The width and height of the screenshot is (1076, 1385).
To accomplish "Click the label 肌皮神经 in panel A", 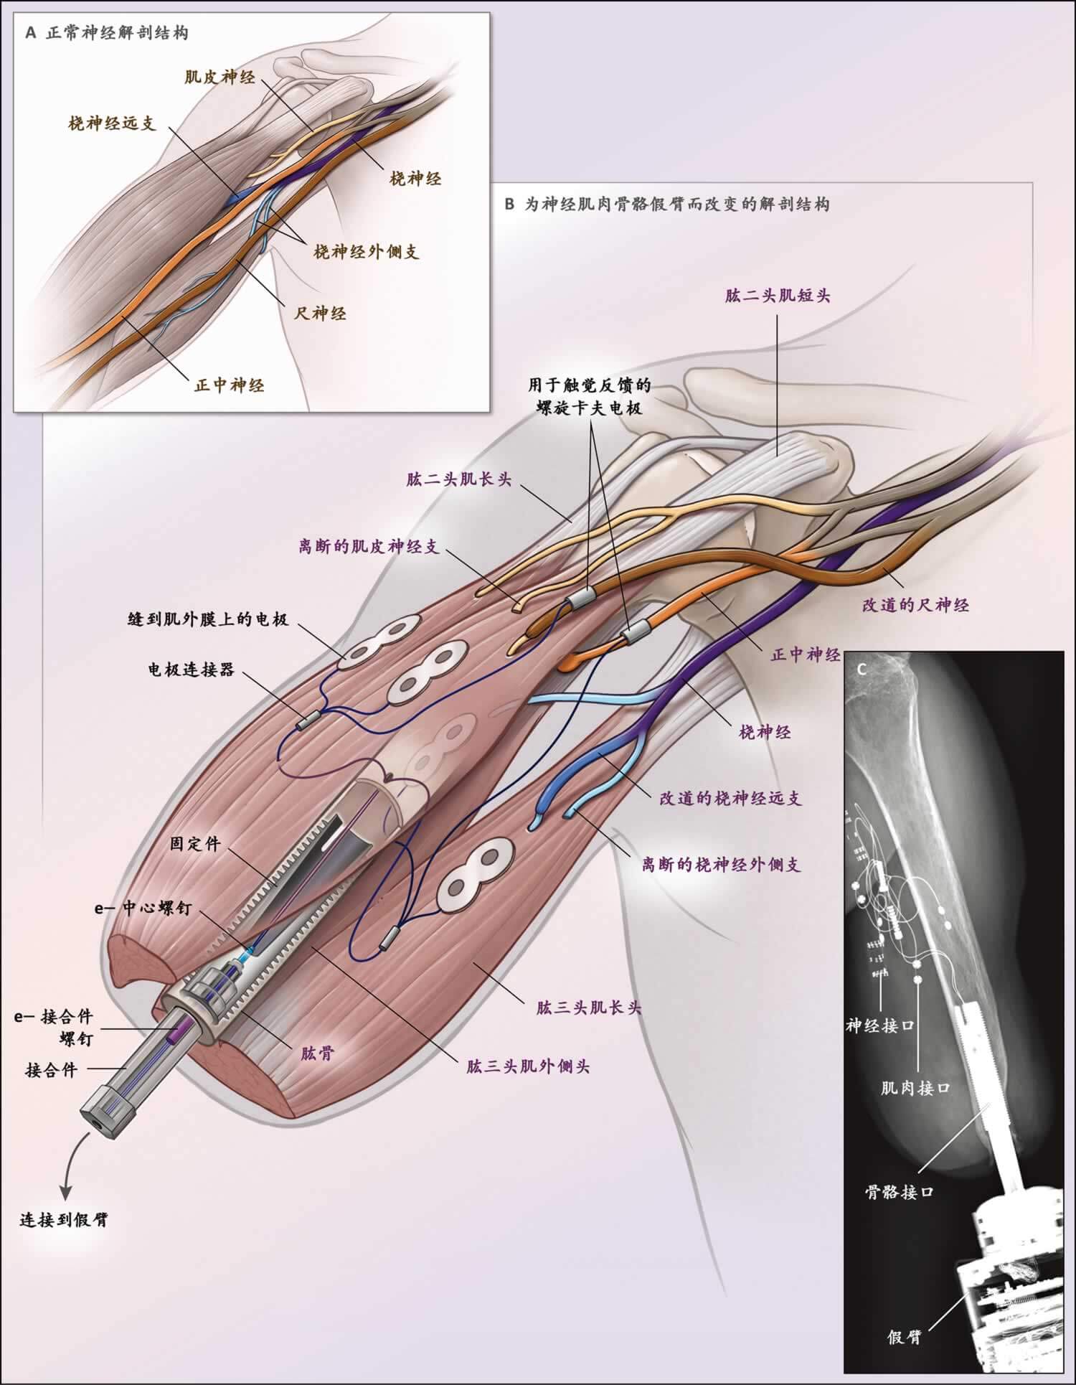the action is pos(220,77).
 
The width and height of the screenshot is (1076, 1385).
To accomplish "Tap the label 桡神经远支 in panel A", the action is pos(112,123).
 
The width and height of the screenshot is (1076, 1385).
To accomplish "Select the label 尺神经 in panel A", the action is pos(321,313).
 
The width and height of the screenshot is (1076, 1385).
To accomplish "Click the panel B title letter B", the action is pos(510,204).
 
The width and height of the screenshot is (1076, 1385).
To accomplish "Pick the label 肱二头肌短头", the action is pos(778,295).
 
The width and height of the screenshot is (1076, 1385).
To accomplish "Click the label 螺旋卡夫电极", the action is pos(590,408).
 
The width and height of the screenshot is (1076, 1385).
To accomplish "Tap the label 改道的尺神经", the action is pos(916,605).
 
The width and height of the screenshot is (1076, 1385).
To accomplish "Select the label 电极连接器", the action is pos(192,671).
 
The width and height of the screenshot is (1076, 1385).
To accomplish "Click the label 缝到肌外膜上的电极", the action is pos(208,618).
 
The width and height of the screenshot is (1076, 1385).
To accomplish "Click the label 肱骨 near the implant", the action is pos(317,1054).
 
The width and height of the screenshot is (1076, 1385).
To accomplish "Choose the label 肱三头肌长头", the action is pos(588,1008).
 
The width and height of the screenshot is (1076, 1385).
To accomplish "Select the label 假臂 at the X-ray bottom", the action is pos(904,1336).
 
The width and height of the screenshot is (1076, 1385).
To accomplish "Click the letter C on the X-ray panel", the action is pos(862,668).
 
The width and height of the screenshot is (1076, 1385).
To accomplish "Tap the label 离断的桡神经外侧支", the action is pos(721,864).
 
